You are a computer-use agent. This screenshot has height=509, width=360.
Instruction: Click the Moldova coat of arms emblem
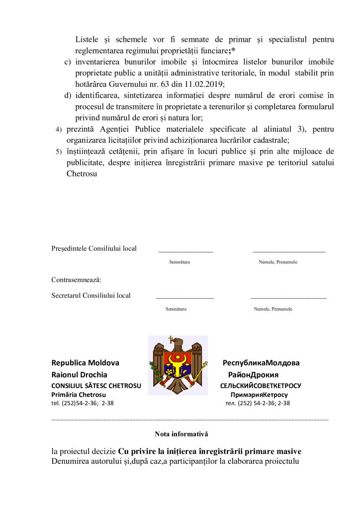point(178,365)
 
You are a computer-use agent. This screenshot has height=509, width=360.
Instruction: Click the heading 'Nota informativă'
point(181,434)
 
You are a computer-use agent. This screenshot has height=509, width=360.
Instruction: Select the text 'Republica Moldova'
point(85,363)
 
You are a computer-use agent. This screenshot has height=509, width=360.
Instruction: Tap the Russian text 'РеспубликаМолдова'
point(261,363)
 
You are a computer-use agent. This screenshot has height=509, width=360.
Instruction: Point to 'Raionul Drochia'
point(79,374)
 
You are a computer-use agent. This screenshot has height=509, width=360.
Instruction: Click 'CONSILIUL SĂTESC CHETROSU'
point(96,385)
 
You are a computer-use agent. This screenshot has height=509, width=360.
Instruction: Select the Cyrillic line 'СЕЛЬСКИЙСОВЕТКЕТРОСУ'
point(261,385)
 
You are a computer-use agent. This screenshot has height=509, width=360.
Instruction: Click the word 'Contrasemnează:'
point(76,280)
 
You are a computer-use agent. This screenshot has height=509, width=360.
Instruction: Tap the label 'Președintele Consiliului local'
point(94,249)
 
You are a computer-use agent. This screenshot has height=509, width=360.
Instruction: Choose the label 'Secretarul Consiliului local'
point(91,295)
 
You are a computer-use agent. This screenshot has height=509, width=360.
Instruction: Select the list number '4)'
point(58,130)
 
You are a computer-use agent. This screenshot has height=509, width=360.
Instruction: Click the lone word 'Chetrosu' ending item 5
point(81,174)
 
